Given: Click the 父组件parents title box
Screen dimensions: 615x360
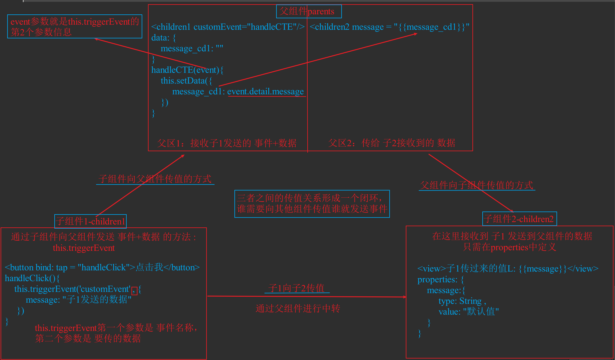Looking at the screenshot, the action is point(309,11).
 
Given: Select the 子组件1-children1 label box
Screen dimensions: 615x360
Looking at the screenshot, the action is point(90,221).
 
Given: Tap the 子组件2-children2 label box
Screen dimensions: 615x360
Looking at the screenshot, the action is point(519,219).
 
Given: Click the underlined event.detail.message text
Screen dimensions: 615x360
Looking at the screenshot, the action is point(266,91).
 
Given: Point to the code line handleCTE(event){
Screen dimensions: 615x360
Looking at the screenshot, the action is point(187,70).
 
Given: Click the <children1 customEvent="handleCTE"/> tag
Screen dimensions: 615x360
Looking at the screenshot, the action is point(228,27).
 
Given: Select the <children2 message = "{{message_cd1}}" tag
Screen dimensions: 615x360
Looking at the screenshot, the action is point(389,27).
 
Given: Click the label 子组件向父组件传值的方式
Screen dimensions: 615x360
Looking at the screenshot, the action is point(155,179).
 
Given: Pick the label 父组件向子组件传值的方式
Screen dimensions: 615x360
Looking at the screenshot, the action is point(477,185).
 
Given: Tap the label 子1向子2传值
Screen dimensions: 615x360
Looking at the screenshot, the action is point(297,288).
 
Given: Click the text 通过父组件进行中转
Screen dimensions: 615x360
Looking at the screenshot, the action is point(298,308).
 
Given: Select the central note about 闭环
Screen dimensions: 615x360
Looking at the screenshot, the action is point(312,204).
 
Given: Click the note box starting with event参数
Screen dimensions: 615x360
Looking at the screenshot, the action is point(74,26).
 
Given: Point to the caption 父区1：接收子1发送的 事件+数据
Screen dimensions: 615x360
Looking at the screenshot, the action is point(227,143).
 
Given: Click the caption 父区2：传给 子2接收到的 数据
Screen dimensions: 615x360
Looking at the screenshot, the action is point(391,143).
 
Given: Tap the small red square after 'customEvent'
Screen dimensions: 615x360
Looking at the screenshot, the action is point(135,290).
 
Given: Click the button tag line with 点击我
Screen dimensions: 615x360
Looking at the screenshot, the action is point(102,267).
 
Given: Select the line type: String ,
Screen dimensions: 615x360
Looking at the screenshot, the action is point(462,301).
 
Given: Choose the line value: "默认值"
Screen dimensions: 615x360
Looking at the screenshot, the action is point(469,312).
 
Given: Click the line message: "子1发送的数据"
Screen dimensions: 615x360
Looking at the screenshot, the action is point(79,300).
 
